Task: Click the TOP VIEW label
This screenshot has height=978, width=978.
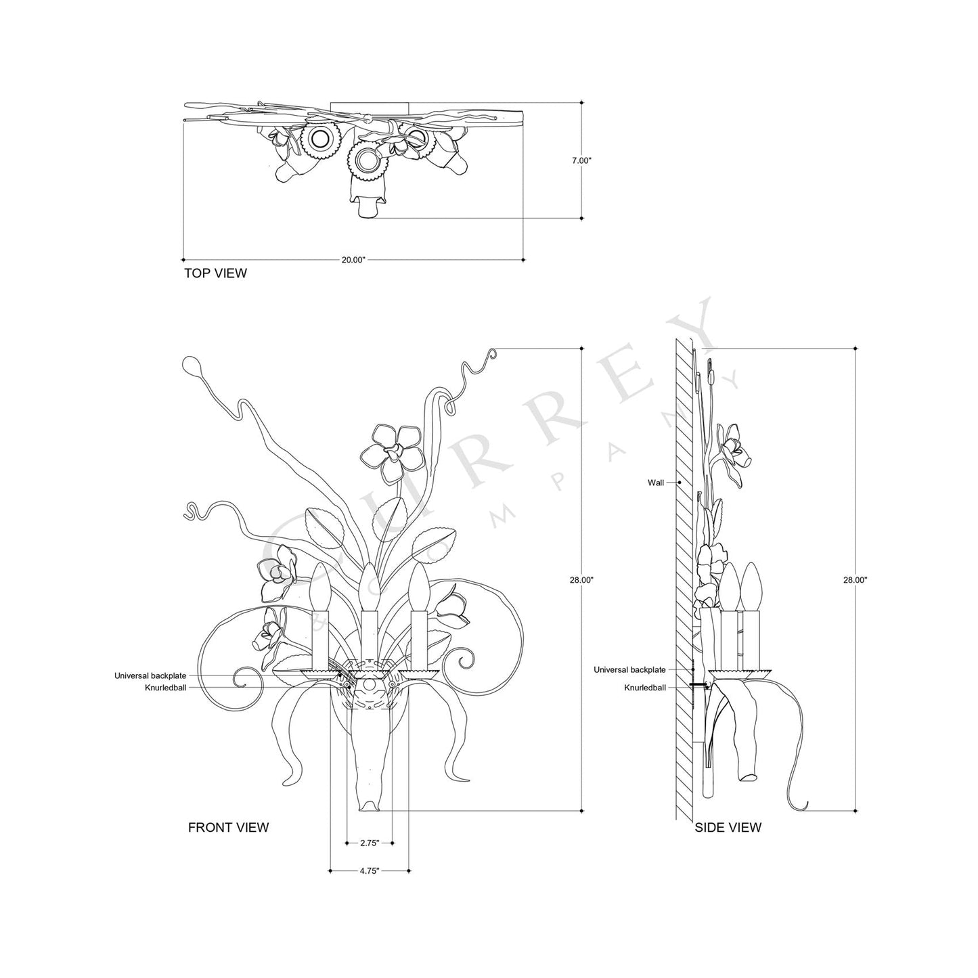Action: point(215,273)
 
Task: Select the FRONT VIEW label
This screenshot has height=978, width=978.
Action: point(228,827)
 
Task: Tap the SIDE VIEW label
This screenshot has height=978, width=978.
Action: point(728,827)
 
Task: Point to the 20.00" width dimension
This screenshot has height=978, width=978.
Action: point(353,259)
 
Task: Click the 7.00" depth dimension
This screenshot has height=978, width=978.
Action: point(581,160)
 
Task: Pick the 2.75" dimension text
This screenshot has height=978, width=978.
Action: point(369,843)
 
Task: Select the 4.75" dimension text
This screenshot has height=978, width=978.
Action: point(369,871)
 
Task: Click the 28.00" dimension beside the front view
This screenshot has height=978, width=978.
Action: point(581,580)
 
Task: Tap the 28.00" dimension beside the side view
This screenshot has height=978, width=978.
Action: point(855,580)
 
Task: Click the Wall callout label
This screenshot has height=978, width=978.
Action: point(655,483)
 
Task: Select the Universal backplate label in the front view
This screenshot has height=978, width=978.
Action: point(150,675)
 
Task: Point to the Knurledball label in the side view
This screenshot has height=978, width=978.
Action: point(644,687)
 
